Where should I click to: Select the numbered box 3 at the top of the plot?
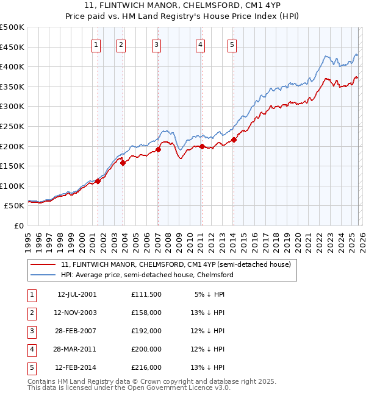pos(157,44)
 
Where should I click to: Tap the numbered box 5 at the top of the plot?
pos(233,44)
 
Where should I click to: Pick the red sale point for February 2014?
pos(234,140)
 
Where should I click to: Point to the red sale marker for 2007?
pos(158,149)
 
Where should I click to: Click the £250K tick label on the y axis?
pos(12,126)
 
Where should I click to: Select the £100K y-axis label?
pos(12,186)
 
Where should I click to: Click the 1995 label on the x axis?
pos(28,238)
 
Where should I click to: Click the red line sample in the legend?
pos(44,264)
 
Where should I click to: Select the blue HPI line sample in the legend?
pos(44,275)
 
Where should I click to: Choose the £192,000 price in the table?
pos(146,331)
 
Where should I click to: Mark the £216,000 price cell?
pos(146,367)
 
